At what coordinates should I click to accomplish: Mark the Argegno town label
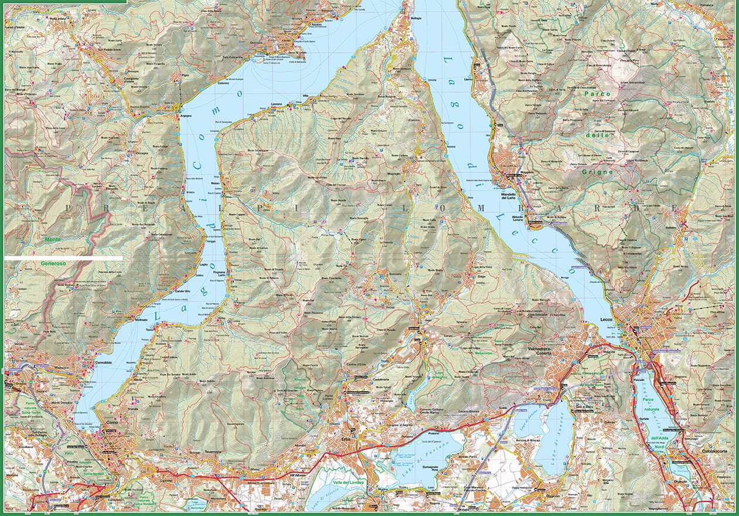click(x=169, y=117)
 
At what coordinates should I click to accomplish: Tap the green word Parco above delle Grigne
click(x=597, y=93)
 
